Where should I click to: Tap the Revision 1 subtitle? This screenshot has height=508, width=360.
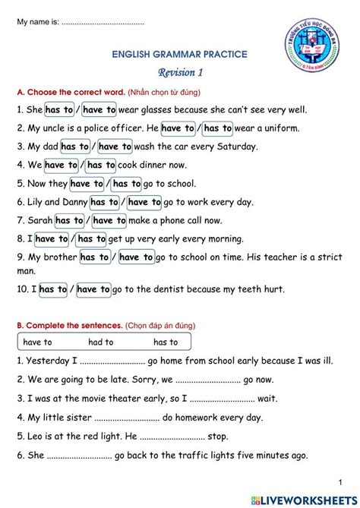pyautogui.click(x=180, y=73)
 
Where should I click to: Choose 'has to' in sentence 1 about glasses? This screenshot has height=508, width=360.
pyautogui.click(x=58, y=110)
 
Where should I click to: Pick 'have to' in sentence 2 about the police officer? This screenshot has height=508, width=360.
pyautogui.click(x=178, y=128)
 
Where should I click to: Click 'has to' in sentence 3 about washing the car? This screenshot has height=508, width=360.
pyautogui.click(x=74, y=147)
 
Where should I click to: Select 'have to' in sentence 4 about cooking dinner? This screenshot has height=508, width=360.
pyautogui.click(x=60, y=165)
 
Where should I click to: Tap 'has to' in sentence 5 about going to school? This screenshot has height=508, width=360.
pyautogui.click(x=126, y=183)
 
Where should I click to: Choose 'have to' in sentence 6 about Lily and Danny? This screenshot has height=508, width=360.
pyautogui.click(x=144, y=202)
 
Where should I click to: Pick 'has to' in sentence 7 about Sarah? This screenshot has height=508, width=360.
pyautogui.click(x=68, y=220)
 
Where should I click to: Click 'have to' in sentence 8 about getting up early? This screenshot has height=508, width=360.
pyautogui.click(x=52, y=238)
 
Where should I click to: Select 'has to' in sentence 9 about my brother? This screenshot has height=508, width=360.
pyautogui.click(x=93, y=257)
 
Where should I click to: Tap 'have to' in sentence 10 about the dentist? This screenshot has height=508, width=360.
pyautogui.click(x=93, y=289)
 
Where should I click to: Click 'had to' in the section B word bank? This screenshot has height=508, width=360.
pyautogui.click(x=101, y=342)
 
